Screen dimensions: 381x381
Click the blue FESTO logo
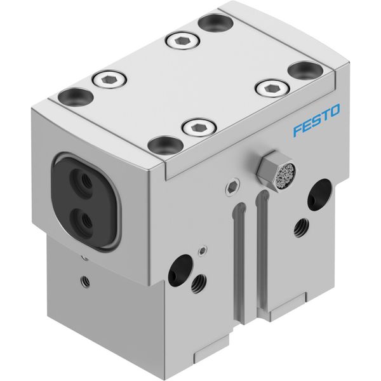click(x=316, y=120)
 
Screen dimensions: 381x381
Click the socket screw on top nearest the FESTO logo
click(x=272, y=88)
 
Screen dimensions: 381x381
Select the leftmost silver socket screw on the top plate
click(x=109, y=79)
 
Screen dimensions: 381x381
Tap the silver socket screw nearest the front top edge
click(x=200, y=128)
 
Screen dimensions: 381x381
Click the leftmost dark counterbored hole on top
click(x=76, y=97)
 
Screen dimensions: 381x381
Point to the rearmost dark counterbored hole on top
click(x=216, y=23)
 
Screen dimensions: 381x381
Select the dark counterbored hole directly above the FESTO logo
click(x=305, y=71)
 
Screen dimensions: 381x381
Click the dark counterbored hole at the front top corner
click(x=166, y=145)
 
